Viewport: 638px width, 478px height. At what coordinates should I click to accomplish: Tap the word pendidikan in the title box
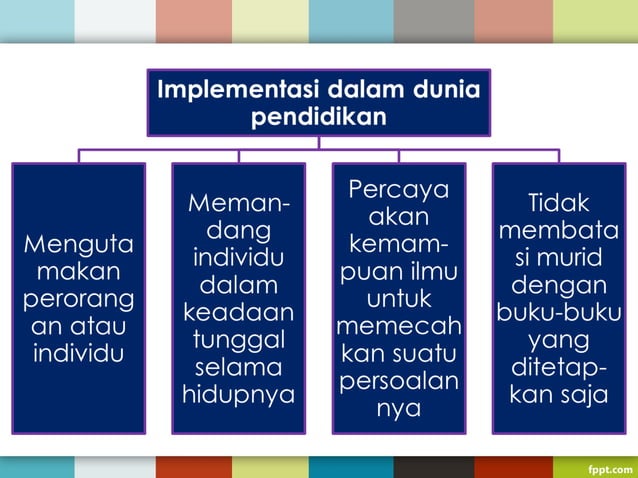click(x=318, y=116)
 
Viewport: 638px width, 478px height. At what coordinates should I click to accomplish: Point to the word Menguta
click(x=78, y=244)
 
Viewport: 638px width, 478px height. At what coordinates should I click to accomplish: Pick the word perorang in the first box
click(x=78, y=299)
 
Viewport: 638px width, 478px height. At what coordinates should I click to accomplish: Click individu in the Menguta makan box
click(x=78, y=353)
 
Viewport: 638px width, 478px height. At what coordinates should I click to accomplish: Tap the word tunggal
click(x=238, y=339)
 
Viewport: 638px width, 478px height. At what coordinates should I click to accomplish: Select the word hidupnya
click(x=238, y=394)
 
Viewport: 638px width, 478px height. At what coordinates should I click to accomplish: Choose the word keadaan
click(x=238, y=312)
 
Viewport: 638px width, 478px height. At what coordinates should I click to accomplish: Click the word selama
click(x=238, y=367)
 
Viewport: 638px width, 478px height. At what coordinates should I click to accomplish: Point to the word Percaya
click(x=398, y=189)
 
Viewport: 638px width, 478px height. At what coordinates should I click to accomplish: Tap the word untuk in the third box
click(x=398, y=299)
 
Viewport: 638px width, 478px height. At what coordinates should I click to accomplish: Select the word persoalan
click(x=398, y=381)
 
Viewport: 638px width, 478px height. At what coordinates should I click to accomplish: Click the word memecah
click(x=398, y=326)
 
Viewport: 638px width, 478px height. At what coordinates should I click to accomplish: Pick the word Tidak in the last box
click(x=558, y=203)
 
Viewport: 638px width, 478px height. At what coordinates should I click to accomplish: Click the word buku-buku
click(x=558, y=313)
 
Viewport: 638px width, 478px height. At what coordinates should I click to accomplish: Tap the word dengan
click(x=558, y=285)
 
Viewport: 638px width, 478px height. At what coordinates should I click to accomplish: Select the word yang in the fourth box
click(x=558, y=340)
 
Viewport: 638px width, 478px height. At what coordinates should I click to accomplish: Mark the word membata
click(x=558, y=230)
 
